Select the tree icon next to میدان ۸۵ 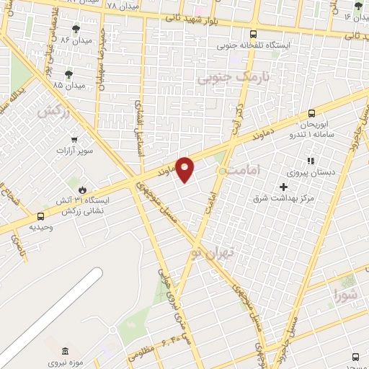pyautogui.click(x=68, y=74)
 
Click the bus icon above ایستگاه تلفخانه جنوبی pyautogui.click(x=252, y=33)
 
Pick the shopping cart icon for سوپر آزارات pyautogui.click(x=74, y=139)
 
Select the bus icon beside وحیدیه pyautogui.click(x=39, y=215)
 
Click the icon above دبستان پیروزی pyautogui.click(x=311, y=161)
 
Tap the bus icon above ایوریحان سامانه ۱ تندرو pyautogui.click(x=311, y=113)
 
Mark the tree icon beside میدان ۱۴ pyautogui.click(x=358, y=6)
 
